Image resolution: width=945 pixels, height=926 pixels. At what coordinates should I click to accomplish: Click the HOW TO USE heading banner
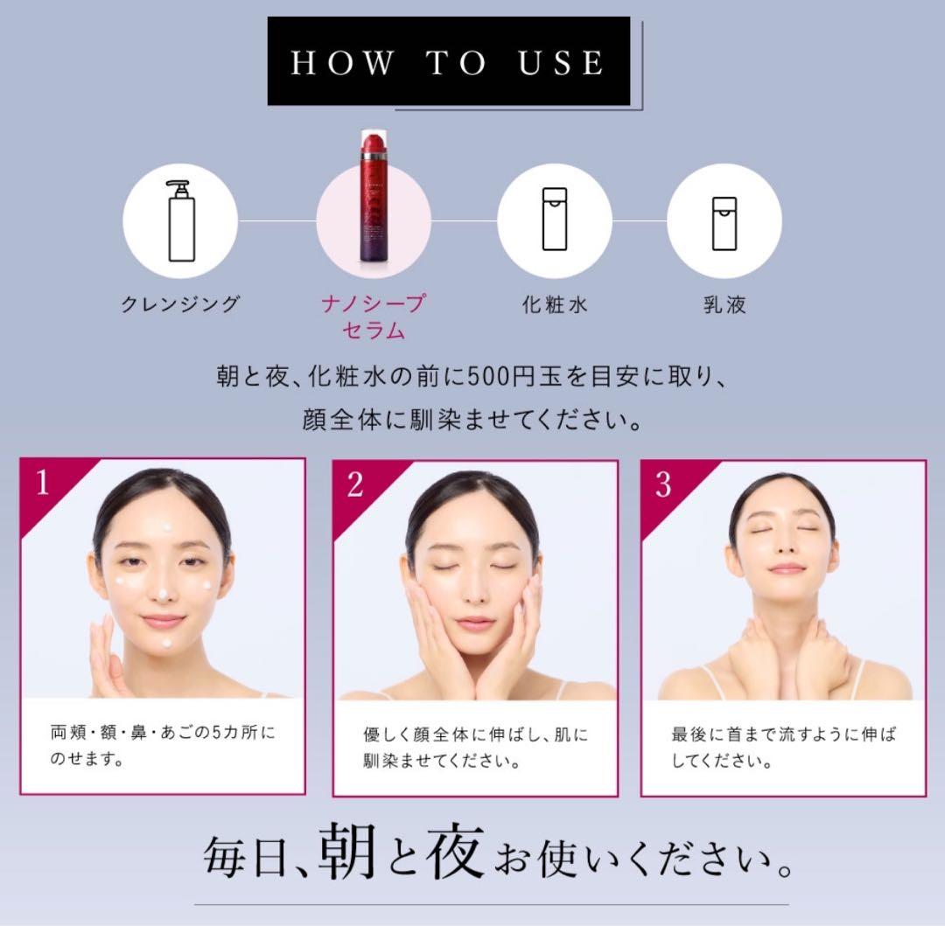coord(449,61)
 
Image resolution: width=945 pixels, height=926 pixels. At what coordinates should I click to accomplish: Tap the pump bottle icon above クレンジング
coord(181,221)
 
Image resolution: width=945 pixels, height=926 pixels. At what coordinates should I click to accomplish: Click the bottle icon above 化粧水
coord(555,219)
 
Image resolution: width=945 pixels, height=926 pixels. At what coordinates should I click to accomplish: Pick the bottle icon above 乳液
coord(724,223)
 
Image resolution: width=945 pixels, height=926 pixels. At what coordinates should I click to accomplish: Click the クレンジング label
coord(181,304)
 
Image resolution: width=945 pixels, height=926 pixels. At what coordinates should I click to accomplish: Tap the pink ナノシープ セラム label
coord(374,317)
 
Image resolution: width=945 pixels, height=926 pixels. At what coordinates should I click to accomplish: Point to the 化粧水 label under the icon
coord(555,304)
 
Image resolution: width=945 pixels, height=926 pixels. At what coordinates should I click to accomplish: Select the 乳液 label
coord(725,304)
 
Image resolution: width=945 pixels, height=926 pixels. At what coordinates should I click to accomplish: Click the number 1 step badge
coord(42,483)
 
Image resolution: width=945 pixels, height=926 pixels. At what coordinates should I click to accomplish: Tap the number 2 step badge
coord(355,484)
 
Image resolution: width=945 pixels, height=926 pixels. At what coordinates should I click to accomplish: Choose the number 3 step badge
coord(663,484)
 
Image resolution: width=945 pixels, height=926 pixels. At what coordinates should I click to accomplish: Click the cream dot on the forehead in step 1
coord(167,528)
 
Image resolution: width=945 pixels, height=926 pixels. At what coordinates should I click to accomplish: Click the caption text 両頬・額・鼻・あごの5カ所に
coord(163,732)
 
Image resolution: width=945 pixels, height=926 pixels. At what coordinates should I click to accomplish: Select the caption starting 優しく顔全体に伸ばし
coord(475,748)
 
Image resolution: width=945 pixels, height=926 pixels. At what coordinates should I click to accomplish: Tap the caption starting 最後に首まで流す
coord(783,748)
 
